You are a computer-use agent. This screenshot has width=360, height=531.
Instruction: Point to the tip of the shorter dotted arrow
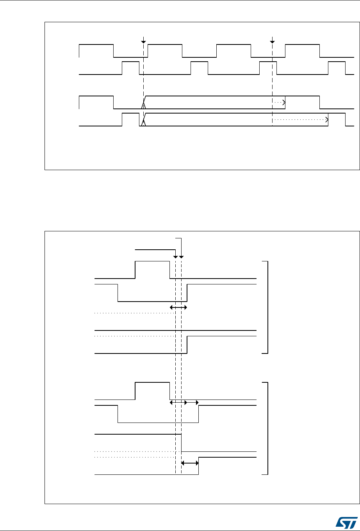[284, 102]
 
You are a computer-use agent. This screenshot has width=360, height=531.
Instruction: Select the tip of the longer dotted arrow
[327, 120]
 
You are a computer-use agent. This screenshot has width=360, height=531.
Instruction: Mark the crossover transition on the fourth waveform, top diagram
[144, 120]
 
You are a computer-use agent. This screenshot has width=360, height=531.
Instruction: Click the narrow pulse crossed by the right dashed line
[268, 67]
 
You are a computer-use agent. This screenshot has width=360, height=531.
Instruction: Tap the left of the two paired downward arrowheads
[176, 257]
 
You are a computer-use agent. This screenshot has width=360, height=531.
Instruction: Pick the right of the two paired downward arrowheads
[181, 257]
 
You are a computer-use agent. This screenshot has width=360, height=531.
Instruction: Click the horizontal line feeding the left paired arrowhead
[155, 249]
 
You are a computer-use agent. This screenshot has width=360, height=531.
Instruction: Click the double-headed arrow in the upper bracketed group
[178, 308]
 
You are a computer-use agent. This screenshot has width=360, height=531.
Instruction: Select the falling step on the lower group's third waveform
[182, 442]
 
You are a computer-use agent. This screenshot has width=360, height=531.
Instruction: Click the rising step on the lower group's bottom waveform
[199, 465]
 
